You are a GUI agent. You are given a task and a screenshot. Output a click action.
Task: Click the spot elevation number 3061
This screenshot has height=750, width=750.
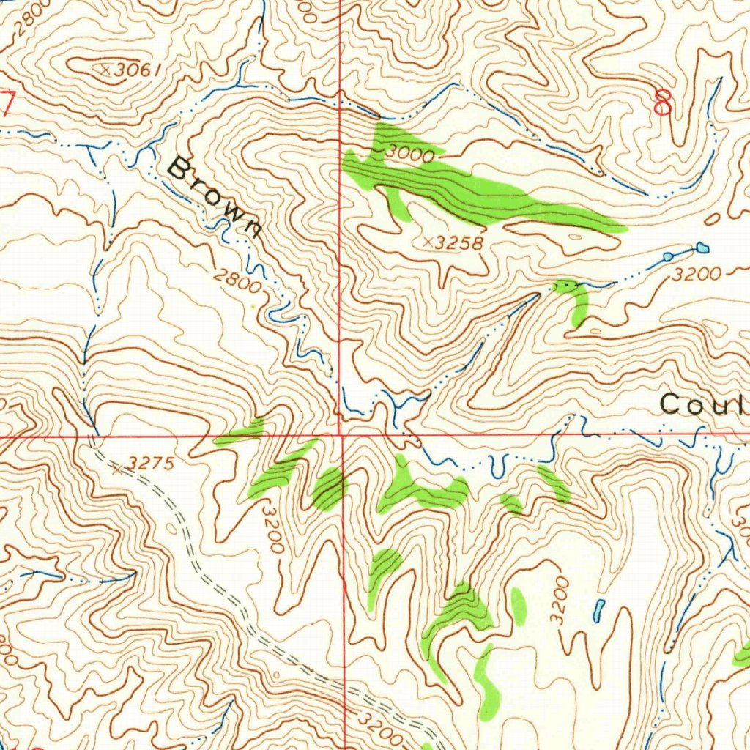click(137, 70)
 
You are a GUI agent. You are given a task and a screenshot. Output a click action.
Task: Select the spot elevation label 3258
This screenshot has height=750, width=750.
click(458, 243)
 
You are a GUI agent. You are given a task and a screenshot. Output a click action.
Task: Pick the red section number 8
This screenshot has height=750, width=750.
click(663, 103)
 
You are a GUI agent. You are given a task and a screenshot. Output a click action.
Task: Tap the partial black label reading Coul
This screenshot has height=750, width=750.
click(703, 404)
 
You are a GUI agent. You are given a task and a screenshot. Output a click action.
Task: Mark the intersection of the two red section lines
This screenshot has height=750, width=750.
click(341, 435)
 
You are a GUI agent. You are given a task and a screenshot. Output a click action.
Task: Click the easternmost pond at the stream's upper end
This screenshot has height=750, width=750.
click(702, 248)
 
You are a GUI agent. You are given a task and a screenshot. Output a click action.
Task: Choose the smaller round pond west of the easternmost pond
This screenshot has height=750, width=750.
click(668, 256)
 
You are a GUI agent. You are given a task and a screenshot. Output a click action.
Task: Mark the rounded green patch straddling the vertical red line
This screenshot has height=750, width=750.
click(330, 488)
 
